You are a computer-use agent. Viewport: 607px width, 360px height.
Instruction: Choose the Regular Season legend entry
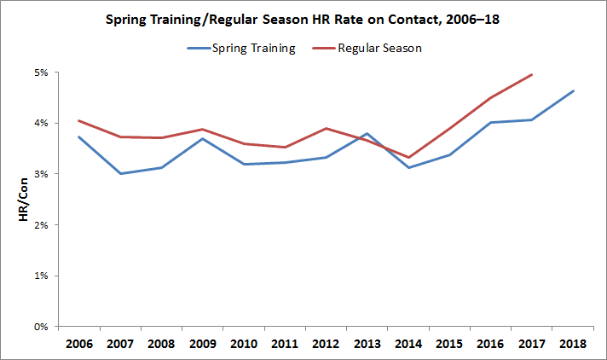coord(381,48)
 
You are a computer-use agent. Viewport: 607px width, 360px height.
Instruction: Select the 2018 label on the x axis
coord(573,344)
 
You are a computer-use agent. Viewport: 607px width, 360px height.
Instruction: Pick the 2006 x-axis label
coord(78,344)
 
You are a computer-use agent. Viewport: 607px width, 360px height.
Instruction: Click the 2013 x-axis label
coord(367,344)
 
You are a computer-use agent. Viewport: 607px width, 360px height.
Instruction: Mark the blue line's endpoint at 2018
coord(573,91)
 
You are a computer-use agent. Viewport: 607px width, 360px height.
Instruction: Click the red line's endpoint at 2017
coord(532,74)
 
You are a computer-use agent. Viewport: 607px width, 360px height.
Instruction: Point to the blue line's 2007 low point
coord(119,174)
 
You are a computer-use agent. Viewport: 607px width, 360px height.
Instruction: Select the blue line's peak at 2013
coord(367,134)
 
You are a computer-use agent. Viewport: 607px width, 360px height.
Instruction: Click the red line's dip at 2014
coord(408,158)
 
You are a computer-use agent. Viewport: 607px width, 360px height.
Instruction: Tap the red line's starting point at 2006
coord(78,121)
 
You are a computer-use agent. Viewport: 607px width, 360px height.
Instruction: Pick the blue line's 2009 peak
coord(202,138)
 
